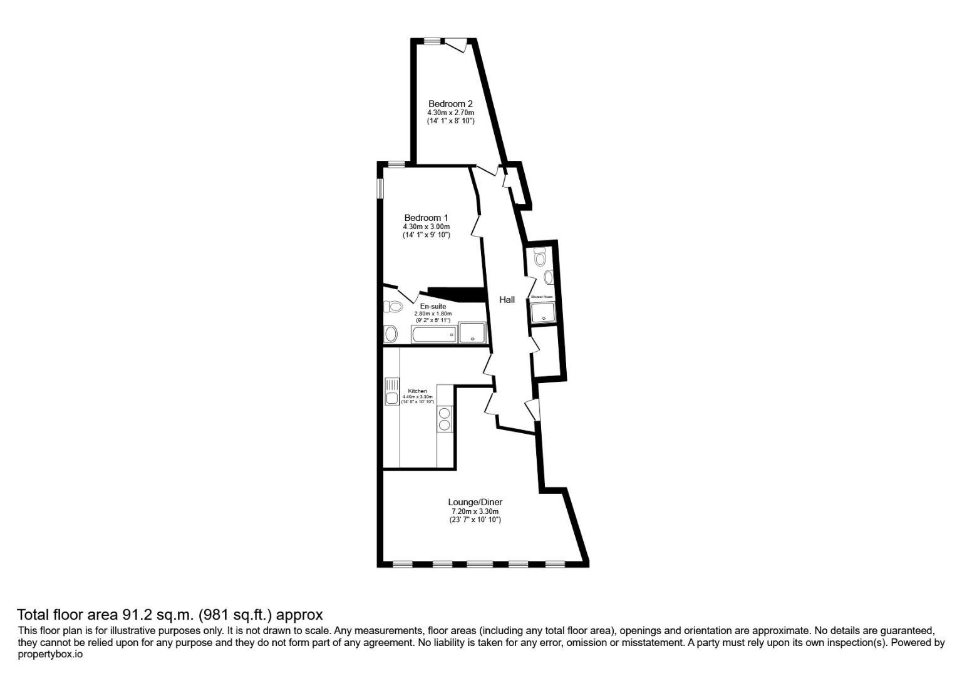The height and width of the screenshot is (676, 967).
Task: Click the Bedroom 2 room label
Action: pyautogui.click(x=450, y=104)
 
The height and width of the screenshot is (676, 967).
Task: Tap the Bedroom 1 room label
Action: pyautogui.click(x=426, y=218)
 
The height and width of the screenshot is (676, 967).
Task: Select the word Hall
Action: pyautogui.click(x=507, y=300)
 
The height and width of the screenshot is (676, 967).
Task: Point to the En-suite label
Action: pyautogui.click(x=433, y=306)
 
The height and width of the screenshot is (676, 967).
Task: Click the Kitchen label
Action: pyautogui.click(x=417, y=391)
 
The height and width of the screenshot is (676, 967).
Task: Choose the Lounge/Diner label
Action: pyautogui.click(x=475, y=502)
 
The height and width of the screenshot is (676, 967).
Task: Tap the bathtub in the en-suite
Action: pyautogui.click(x=433, y=334)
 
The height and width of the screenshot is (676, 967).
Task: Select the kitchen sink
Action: pyautogui.click(x=392, y=392)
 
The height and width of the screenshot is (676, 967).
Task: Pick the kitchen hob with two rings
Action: pyautogui.click(x=445, y=419)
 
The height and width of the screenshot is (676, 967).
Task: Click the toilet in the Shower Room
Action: pyautogui.click(x=540, y=257)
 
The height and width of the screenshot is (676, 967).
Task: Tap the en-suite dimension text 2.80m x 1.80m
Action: pyautogui.click(x=433, y=314)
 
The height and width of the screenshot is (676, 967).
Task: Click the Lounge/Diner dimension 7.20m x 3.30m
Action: pyautogui.click(x=475, y=511)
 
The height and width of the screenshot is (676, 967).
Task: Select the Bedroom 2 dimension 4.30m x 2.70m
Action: pyautogui.click(x=450, y=113)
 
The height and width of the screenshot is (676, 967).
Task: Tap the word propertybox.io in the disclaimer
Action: pyautogui.click(x=50, y=654)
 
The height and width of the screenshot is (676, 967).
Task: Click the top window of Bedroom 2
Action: pyautogui.click(x=432, y=41)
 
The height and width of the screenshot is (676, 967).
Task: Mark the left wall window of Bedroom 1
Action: pyautogui.click(x=380, y=189)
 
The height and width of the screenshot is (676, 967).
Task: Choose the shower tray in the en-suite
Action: pyautogui.click(x=472, y=332)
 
